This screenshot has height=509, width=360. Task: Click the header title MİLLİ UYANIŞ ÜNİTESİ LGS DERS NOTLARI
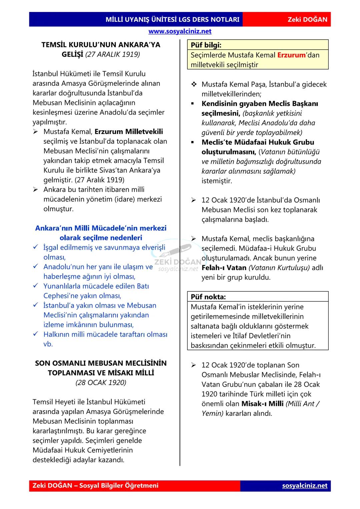172,19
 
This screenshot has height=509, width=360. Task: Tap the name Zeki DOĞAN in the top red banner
307,19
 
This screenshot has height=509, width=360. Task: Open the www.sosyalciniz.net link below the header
180,31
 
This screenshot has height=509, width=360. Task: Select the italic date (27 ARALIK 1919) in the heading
113,54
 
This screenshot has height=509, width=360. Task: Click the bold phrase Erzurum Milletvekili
129,132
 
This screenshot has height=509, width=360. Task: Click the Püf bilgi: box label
206,45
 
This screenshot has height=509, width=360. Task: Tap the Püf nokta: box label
208,297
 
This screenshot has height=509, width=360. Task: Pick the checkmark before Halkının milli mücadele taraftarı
36,334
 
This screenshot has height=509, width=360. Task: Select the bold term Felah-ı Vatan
224,268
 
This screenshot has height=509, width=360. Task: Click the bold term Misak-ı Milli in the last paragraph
262,404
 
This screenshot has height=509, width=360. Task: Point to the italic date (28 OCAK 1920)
101,382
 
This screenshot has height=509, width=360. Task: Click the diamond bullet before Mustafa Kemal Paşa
194,84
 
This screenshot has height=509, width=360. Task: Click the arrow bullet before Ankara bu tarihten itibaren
36,190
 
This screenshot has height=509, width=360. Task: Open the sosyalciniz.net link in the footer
305,486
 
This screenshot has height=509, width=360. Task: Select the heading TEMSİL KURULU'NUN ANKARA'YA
101,45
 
